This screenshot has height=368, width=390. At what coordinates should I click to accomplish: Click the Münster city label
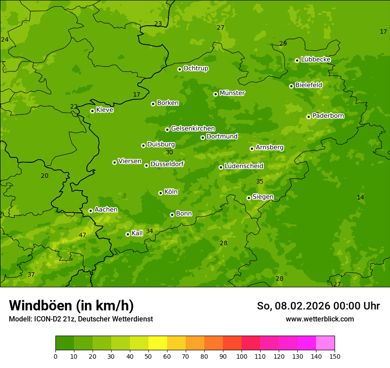coord(232,93)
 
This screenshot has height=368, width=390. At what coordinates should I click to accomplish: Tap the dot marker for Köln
coord(160,193)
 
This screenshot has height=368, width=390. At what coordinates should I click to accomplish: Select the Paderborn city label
coord(328,116)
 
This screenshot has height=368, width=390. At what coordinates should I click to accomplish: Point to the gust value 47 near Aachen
coord(82,235)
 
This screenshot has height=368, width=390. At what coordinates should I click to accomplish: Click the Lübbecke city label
coord(316,59)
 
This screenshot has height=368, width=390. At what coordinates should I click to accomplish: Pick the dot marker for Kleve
coord(92,111)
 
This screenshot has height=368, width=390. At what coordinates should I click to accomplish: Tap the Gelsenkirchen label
coord(193,129)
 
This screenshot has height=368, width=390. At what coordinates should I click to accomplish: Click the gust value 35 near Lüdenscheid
coord(260,181)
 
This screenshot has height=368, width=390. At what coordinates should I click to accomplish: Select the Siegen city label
coord(263,197)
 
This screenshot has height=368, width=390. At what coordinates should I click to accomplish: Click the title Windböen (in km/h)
coord(71,305)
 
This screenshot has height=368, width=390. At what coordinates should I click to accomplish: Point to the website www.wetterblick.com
coord(320,319)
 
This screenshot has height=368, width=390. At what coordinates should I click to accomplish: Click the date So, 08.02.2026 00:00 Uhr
coord(318,306)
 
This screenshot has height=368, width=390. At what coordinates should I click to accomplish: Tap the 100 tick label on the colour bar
coord(242,356)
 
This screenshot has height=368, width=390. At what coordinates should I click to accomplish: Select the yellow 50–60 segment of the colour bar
coord(158,343)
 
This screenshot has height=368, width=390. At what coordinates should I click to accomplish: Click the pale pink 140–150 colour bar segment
coord(325,343)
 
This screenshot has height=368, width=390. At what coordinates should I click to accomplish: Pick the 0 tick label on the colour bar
coord(55,356)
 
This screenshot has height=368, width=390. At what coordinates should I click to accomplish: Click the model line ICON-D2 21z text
coord(81,319)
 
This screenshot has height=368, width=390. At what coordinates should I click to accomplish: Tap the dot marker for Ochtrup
coord(179,69)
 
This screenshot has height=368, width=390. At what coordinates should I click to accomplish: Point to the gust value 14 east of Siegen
coord(360,197)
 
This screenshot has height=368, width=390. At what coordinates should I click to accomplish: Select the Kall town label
coord(137,233)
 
